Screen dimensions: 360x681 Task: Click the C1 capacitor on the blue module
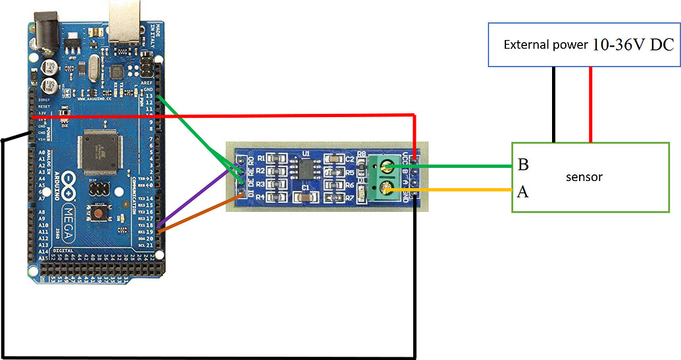(305, 195)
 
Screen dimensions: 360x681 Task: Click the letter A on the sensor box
(523, 192)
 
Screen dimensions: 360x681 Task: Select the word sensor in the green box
(584, 177)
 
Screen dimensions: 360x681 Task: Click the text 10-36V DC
(633, 45)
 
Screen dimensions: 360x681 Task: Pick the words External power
(545, 45)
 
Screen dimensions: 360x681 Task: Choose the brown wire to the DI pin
(197, 213)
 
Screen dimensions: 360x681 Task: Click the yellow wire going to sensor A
(461, 191)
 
